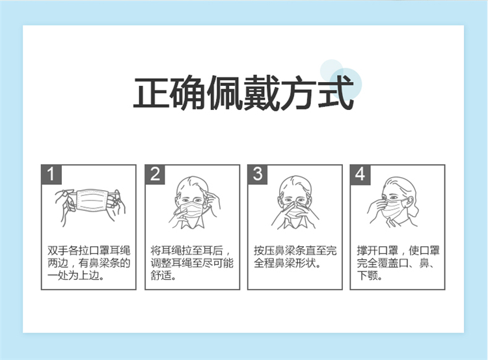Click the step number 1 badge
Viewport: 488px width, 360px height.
(51, 174)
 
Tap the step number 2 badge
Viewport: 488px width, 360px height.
(155, 174)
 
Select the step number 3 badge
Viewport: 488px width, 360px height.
(258, 174)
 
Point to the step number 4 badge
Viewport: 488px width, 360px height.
(360, 174)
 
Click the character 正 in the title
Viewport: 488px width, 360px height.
(152, 92)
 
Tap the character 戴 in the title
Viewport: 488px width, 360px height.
(262, 92)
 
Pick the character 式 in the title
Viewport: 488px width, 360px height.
(336, 92)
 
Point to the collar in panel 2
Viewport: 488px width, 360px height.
(192, 222)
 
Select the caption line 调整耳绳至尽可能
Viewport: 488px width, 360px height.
(192, 263)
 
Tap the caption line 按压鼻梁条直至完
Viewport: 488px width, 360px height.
(295, 251)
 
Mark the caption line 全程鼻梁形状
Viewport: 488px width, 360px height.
(284, 263)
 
